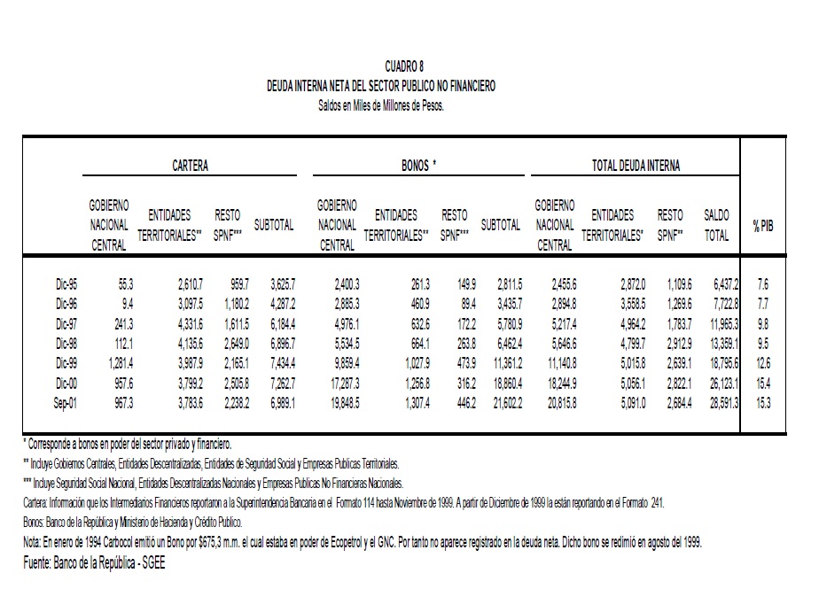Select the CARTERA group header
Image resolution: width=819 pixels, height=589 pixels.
coord(191,166)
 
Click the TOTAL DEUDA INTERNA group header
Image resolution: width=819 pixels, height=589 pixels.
coord(636,166)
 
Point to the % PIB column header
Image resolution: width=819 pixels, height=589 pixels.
coord(763,226)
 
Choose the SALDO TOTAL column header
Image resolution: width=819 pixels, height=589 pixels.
coord(716,226)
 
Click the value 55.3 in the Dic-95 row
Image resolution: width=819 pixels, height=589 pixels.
coord(122,285)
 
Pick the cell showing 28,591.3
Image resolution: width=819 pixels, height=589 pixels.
coord(720,402)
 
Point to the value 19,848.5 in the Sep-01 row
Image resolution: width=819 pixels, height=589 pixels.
coord(339,402)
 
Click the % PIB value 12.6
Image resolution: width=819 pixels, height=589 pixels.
coord(764,363)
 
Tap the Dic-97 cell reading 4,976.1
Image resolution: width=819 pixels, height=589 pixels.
coord(342,324)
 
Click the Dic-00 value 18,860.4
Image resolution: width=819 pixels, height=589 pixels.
coord(502,383)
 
